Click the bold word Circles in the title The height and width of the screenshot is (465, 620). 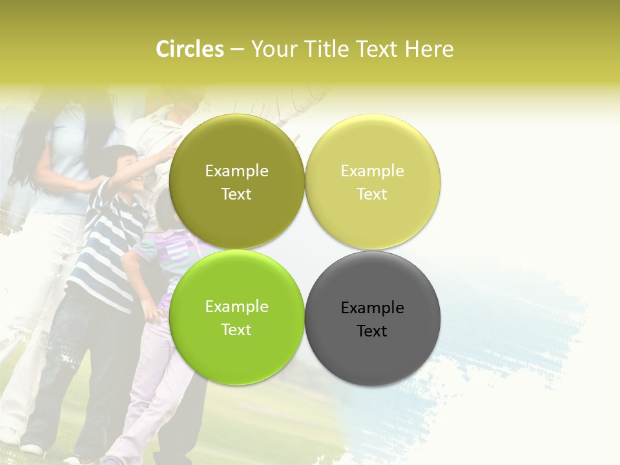click(190, 49)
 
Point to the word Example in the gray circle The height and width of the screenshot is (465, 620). click(372, 308)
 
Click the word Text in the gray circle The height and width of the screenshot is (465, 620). click(372, 331)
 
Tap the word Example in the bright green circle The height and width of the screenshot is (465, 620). click(236, 307)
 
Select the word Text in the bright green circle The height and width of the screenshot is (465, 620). click(236, 330)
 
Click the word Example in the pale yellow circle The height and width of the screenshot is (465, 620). click(372, 171)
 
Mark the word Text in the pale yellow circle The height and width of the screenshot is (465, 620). click(372, 194)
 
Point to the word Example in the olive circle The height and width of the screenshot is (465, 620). click(236, 171)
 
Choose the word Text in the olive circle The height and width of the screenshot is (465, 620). click(236, 194)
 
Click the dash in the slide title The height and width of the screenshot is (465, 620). click(237, 50)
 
